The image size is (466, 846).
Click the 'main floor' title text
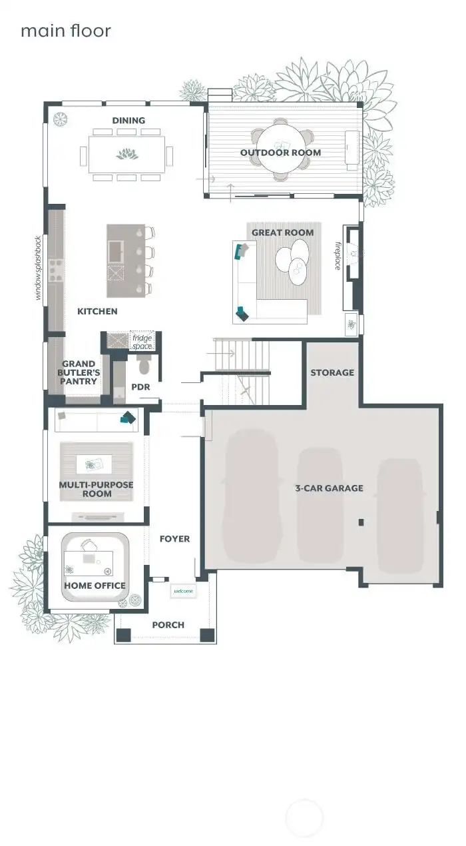(65, 31)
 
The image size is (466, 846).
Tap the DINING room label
(128, 121)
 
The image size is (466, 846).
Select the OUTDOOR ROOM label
(280, 153)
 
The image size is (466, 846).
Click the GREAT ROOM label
(282, 232)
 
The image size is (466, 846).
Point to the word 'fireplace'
(338, 255)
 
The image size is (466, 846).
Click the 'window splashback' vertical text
(39, 267)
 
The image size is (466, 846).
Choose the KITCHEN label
(97, 311)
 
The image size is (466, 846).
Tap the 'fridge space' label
(142, 342)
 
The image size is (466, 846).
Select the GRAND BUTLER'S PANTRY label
(79, 373)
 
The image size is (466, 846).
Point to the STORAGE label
(332, 372)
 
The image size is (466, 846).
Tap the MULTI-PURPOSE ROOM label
(96, 489)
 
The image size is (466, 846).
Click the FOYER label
(174, 538)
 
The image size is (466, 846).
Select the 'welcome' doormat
(183, 591)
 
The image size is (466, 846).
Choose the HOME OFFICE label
(95, 586)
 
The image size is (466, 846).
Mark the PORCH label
(168, 624)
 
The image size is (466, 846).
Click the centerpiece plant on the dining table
(126, 155)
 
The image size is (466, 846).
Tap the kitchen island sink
(116, 250)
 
